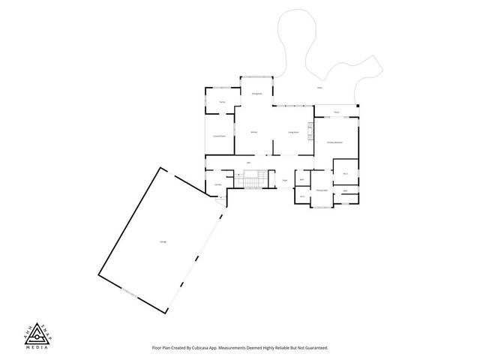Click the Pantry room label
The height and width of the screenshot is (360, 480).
pyautogui.click(x=223, y=103)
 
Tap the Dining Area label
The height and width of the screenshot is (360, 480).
pyautogui.click(x=256, y=94)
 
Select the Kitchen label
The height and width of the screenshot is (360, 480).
pyautogui.click(x=254, y=132)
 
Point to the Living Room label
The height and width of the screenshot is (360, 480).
pyautogui.click(x=294, y=132)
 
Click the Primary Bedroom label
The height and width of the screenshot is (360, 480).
pyautogui.click(x=334, y=142)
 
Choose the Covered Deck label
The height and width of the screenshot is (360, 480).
pyautogui.click(x=220, y=136)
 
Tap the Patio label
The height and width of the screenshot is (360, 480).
pyautogui.click(x=319, y=88)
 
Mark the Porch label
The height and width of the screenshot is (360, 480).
pyautogui.click(x=337, y=112)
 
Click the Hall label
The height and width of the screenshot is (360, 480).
pyautogui.click(x=247, y=162)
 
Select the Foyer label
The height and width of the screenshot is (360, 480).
pyautogui.click(x=286, y=180)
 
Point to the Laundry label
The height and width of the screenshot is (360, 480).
pyautogui.click(x=217, y=184)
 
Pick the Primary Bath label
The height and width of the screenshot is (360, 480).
pyautogui.click(x=321, y=190)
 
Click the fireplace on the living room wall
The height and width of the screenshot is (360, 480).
pyautogui.click(x=309, y=132)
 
